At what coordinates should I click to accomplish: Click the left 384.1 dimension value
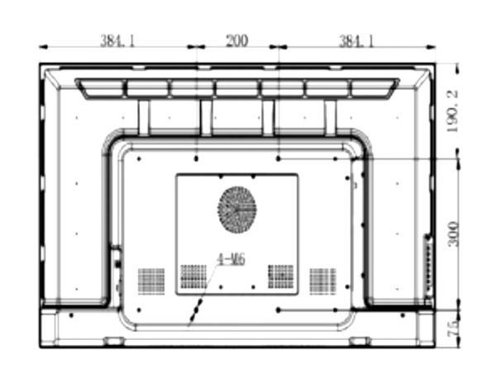click(x=117, y=39)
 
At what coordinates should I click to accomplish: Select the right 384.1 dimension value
click(x=356, y=39)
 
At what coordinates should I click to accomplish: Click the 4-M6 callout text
click(x=231, y=259)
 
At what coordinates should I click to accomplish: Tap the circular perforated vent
click(x=237, y=210)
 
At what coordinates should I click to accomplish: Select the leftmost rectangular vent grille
click(x=150, y=281)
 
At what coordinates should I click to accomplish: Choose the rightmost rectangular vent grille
click(x=323, y=281)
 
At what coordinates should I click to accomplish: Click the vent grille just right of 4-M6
click(x=281, y=277)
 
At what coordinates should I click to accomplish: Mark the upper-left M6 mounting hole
click(x=196, y=157)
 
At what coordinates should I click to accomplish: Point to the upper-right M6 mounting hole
click(x=279, y=157)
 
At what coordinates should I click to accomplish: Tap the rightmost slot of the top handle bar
click(x=373, y=87)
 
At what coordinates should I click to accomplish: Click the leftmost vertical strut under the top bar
click(x=144, y=116)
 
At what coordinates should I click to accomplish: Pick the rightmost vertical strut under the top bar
click(x=331, y=116)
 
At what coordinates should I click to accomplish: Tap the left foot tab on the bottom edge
click(x=114, y=340)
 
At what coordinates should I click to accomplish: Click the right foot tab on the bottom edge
click(x=360, y=340)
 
